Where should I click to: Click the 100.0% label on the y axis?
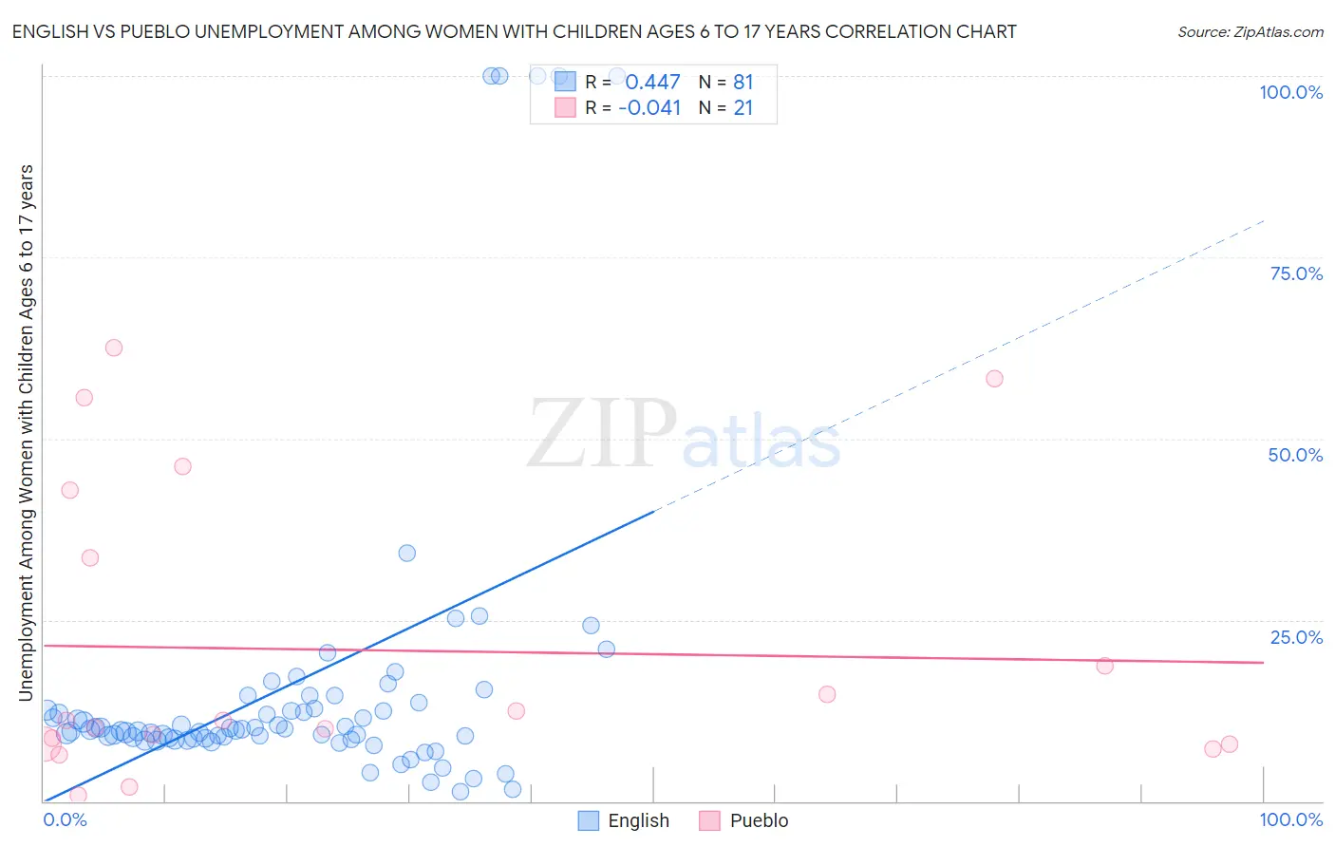(1290, 92)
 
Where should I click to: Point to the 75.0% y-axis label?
(1296, 273)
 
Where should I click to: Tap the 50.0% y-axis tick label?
(1295, 455)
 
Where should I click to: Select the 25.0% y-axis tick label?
(1296, 637)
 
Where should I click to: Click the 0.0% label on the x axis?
(65, 819)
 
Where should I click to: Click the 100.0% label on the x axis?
(1290, 819)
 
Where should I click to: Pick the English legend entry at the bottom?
(624, 820)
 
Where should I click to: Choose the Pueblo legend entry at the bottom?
(743, 820)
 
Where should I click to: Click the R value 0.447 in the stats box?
(652, 83)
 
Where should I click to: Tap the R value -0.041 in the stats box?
(649, 108)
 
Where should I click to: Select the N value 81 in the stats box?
(743, 83)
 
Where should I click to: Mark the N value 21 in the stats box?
(743, 108)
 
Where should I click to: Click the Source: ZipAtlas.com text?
(1250, 32)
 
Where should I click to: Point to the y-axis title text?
(26, 433)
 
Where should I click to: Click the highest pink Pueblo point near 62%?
(114, 348)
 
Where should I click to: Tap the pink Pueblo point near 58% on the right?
(994, 379)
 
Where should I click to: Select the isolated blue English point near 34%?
(407, 553)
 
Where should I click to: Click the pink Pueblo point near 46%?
(182, 466)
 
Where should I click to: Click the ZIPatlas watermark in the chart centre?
(684, 435)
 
